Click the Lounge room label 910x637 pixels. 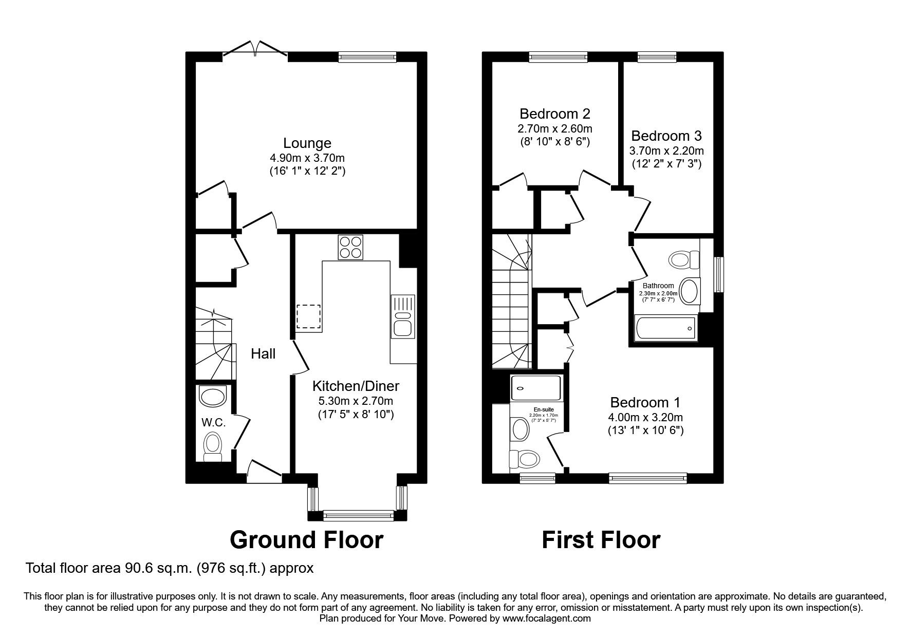tap(307, 143)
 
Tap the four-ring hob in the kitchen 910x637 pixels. tap(350, 247)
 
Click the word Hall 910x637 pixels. tap(263, 353)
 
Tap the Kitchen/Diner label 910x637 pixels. tap(356, 386)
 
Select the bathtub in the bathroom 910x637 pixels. tap(665, 328)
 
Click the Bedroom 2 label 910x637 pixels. tap(554, 114)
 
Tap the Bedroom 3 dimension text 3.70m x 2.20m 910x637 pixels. tap(666, 151)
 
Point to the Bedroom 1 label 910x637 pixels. tap(645, 402)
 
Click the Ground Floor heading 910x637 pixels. tap(306, 540)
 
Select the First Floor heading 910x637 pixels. tap(601, 540)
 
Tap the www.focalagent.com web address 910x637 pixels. tap(546, 619)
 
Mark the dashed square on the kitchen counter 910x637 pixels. tap(308, 316)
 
